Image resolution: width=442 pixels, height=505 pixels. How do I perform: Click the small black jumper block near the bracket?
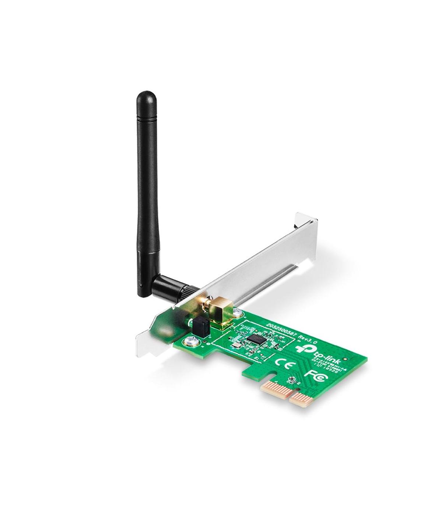point(200,325)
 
